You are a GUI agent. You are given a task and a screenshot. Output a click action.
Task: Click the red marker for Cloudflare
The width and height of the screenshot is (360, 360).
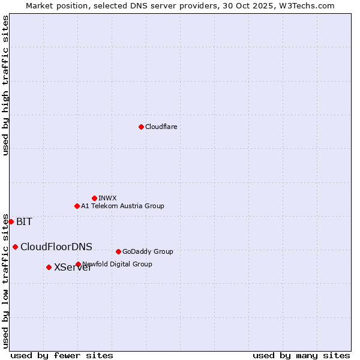click(141, 127)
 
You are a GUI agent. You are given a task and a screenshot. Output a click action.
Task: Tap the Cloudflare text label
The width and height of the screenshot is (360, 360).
click(161, 127)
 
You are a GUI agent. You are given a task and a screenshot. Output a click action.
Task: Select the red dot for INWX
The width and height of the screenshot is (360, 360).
click(94, 198)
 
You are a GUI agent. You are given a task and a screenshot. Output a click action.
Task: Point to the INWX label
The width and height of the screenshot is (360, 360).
click(107, 198)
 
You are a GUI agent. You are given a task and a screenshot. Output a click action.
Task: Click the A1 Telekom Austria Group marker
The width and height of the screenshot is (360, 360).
click(77, 206)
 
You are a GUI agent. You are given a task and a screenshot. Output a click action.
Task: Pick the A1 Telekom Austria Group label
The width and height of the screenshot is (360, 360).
click(122, 206)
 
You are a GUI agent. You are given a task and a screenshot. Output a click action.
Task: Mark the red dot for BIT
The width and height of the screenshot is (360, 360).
click(11, 221)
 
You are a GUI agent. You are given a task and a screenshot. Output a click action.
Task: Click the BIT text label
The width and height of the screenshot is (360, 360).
click(24, 222)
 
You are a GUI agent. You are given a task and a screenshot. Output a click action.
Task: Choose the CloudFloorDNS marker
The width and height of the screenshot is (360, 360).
click(15, 247)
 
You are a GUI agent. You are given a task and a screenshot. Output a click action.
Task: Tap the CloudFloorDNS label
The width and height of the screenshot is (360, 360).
click(56, 247)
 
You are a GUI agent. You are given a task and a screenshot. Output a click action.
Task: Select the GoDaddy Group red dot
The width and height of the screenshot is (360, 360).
click(118, 251)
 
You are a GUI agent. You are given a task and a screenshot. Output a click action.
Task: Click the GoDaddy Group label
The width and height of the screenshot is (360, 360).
click(148, 251)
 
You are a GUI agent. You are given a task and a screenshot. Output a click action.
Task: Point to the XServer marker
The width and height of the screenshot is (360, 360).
click(49, 267)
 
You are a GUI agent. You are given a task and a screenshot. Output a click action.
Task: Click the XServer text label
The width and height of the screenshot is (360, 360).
click(73, 268)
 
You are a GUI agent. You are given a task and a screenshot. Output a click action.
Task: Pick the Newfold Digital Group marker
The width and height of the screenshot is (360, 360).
click(78, 264)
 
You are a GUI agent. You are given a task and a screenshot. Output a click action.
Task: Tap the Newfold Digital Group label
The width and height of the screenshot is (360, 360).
click(118, 264)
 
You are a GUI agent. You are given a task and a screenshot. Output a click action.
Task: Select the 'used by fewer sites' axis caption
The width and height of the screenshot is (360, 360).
click(62, 355)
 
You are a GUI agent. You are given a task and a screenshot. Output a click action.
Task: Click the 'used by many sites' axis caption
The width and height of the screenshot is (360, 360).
click(301, 355)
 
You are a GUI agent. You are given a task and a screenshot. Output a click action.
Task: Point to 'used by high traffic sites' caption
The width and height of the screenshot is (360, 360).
click(5, 85)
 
